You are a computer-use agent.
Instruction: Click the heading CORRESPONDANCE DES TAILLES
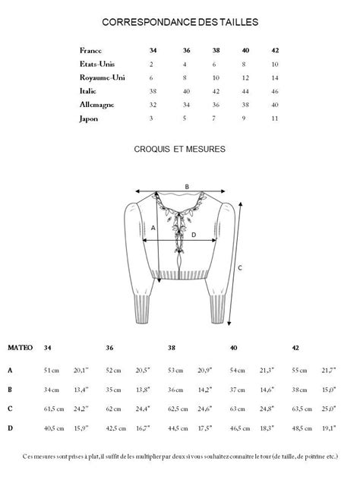point(180,23)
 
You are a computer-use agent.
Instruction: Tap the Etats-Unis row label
point(97,64)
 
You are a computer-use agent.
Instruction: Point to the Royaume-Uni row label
point(102,77)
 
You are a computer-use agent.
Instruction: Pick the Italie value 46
point(274,91)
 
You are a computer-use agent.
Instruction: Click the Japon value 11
point(274,118)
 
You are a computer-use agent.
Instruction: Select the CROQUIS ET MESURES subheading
point(179,150)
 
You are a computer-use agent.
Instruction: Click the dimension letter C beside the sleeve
point(240,267)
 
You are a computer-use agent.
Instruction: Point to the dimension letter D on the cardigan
point(194,235)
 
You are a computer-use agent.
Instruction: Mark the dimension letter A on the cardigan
point(153,227)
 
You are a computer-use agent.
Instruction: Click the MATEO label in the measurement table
point(21,348)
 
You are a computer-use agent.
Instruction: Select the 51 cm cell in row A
point(51,370)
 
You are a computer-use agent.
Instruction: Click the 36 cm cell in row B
point(175,390)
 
